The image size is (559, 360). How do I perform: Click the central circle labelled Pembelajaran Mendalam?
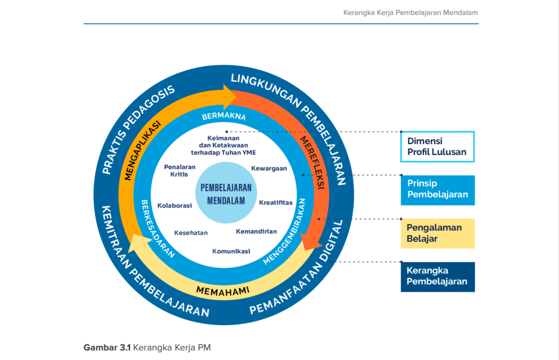[226, 194]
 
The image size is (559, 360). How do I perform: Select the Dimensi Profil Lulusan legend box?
[437, 146]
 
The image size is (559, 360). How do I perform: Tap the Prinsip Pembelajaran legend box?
[437, 190]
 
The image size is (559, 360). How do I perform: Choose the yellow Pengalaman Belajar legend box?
[437, 233]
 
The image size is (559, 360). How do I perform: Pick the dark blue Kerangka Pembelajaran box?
[437, 277]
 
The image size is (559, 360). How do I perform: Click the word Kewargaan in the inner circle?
[269, 169]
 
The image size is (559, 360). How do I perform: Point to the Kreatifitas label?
[276, 202]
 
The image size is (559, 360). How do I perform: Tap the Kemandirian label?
[256, 231]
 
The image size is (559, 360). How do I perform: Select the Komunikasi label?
[231, 251]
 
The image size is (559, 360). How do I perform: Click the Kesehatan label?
[191, 232]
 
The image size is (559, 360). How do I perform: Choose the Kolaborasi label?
[175, 206]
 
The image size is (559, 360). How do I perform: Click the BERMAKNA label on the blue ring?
[224, 117]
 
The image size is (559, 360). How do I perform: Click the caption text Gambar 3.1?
[107, 347]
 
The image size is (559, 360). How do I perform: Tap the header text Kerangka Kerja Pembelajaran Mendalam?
[411, 12]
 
